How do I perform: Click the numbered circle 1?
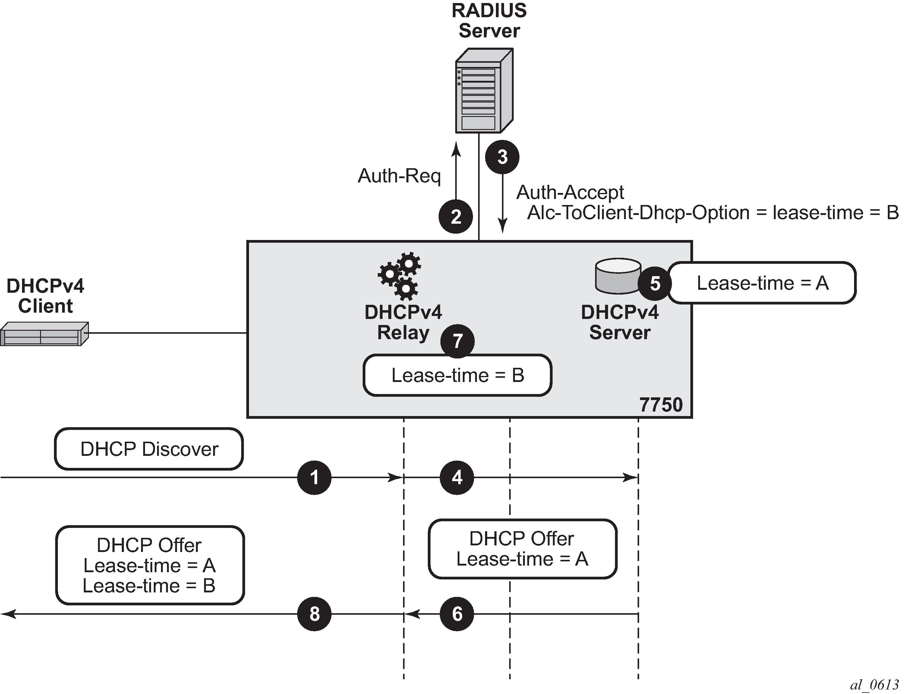pyautogui.click(x=314, y=478)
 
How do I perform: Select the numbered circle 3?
pyautogui.click(x=502, y=157)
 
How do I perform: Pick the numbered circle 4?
pyautogui.click(x=457, y=478)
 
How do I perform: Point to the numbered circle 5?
pyautogui.click(x=655, y=283)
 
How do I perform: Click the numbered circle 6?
pyautogui.click(x=457, y=614)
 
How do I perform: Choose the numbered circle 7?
pyautogui.click(x=457, y=341)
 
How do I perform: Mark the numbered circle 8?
pyautogui.click(x=314, y=614)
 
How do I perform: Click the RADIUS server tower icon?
pyautogui.click(x=484, y=91)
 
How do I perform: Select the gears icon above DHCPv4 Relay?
pyautogui.click(x=399, y=276)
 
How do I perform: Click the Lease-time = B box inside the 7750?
pyautogui.click(x=458, y=375)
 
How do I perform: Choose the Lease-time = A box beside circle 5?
pyautogui.click(x=762, y=283)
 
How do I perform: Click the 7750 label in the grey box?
pyautogui.click(x=661, y=405)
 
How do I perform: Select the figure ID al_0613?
pyautogui.click(x=874, y=684)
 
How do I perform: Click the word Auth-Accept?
pyautogui.click(x=570, y=193)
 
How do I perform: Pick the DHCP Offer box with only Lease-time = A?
pyautogui.click(x=522, y=549)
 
